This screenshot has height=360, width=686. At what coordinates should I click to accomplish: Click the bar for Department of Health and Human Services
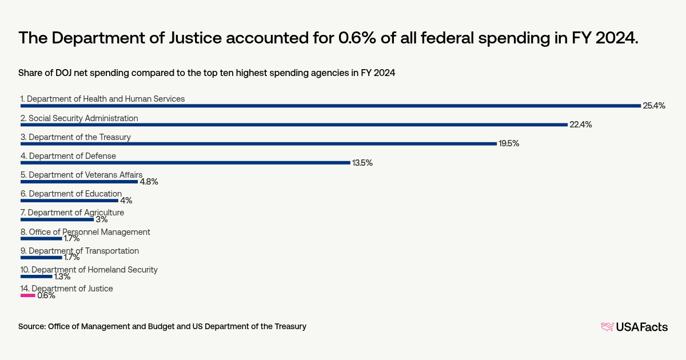[x=330, y=106]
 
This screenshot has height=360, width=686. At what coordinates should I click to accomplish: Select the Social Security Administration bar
[x=294, y=125]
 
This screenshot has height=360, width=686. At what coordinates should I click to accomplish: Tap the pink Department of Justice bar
[x=28, y=295]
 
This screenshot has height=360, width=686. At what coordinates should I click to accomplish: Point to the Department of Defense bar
[x=185, y=162]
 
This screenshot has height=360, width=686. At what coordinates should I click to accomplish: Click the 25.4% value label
[x=654, y=106]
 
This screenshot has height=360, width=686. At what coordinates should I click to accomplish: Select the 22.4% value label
[x=580, y=125]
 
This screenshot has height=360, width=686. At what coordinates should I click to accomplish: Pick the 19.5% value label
[x=509, y=143]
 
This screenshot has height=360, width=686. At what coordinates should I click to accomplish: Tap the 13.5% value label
[x=362, y=163]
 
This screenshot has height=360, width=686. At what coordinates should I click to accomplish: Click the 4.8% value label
[x=149, y=182]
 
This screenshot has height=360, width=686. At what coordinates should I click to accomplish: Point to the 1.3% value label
[x=62, y=277]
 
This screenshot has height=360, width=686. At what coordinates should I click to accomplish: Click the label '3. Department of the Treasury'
[x=75, y=137]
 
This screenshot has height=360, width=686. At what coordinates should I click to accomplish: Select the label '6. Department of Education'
[x=71, y=194]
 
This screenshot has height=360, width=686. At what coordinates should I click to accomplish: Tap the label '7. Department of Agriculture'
[x=72, y=213]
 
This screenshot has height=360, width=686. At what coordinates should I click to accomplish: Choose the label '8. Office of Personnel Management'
[x=85, y=232]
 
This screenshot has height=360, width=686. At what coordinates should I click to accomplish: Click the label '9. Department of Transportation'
[x=79, y=251]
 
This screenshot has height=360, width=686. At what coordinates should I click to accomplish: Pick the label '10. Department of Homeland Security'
[x=89, y=270]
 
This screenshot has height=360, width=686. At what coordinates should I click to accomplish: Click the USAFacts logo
[x=634, y=327]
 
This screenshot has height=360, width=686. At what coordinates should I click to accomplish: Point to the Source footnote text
[x=162, y=326]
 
